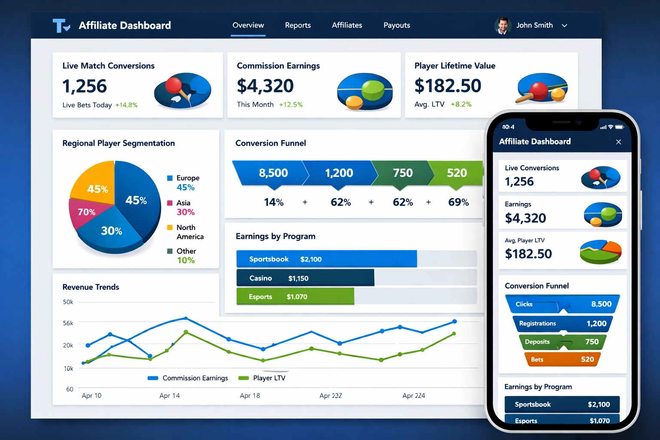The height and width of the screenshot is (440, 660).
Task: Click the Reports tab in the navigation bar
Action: [298, 25]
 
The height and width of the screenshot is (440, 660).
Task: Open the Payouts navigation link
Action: [397, 25]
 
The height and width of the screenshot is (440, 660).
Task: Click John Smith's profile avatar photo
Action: [502, 26]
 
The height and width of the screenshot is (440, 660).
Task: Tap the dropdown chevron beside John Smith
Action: [565, 26]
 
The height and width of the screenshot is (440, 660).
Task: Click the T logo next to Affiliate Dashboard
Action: [61, 26]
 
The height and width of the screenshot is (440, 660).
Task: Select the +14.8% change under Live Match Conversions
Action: [126, 105]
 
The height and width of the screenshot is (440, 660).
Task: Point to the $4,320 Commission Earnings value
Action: [265, 86]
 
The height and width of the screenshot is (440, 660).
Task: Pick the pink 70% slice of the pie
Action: [85, 213]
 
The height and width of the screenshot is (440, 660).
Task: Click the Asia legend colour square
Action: [170, 203]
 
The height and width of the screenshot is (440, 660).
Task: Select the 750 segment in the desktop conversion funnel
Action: [402, 173]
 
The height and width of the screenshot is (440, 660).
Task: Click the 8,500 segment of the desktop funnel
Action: [271, 173]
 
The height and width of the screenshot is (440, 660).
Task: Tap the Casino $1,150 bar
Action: [305, 278]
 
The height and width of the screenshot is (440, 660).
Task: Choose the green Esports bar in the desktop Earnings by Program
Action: [295, 297]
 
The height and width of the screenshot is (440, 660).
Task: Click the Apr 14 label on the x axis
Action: [170, 396]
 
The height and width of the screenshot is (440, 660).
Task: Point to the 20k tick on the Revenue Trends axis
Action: [68, 345]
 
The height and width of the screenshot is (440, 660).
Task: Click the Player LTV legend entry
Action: [262, 378]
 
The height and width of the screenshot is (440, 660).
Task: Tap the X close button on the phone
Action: [619, 142]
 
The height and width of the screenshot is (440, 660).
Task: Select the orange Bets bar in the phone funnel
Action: [562, 360]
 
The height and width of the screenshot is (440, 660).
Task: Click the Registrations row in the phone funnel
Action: [562, 324]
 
